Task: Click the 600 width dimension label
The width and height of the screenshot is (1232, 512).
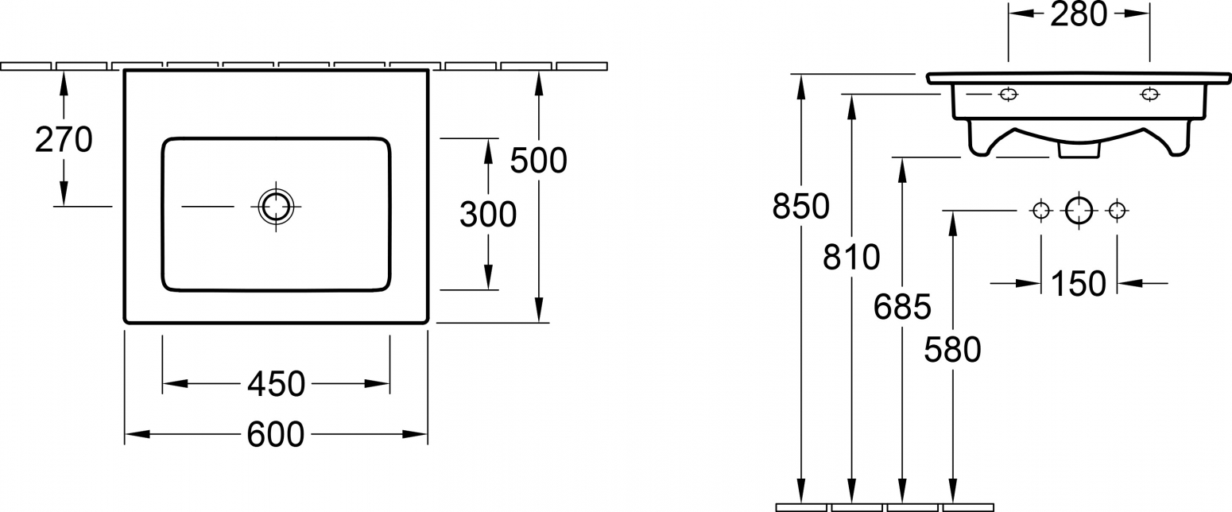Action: pyautogui.click(x=276, y=434)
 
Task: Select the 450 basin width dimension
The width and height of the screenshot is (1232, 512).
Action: pyautogui.click(x=276, y=384)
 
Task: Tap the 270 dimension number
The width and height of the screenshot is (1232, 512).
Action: pyautogui.click(x=64, y=140)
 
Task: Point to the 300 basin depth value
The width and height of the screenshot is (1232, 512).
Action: pyautogui.click(x=488, y=215)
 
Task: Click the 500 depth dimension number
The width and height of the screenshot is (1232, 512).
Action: pyautogui.click(x=538, y=161)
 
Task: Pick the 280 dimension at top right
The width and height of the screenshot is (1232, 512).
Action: pyautogui.click(x=1079, y=14)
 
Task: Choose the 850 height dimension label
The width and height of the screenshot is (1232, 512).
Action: pyautogui.click(x=801, y=206)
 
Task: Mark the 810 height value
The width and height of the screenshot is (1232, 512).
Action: pyautogui.click(x=851, y=257)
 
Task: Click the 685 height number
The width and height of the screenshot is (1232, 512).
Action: pyautogui.click(x=903, y=307)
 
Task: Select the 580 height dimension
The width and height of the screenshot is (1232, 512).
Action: pyautogui.click(x=952, y=349)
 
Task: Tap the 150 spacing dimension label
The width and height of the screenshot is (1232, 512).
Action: pyautogui.click(x=1079, y=284)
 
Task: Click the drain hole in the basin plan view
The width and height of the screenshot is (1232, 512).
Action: pyautogui.click(x=276, y=206)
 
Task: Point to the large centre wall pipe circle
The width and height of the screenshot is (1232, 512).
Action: pyautogui.click(x=1079, y=211)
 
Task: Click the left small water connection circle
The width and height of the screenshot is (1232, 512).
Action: pyautogui.click(x=1041, y=211)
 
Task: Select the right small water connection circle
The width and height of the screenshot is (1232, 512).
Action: pyautogui.click(x=1117, y=211)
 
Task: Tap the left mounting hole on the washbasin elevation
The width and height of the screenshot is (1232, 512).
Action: pyautogui.click(x=1008, y=95)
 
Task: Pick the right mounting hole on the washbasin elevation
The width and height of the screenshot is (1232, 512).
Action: pyautogui.click(x=1150, y=95)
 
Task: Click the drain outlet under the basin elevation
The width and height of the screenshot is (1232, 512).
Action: pyautogui.click(x=1079, y=151)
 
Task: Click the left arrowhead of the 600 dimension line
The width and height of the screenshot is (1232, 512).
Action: pyautogui.click(x=138, y=434)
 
